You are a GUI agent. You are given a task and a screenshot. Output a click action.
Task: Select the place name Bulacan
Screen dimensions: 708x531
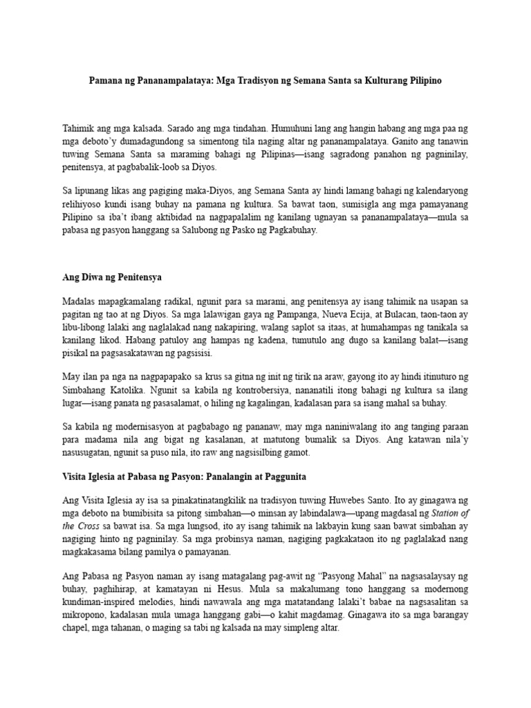(x=380, y=315)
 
